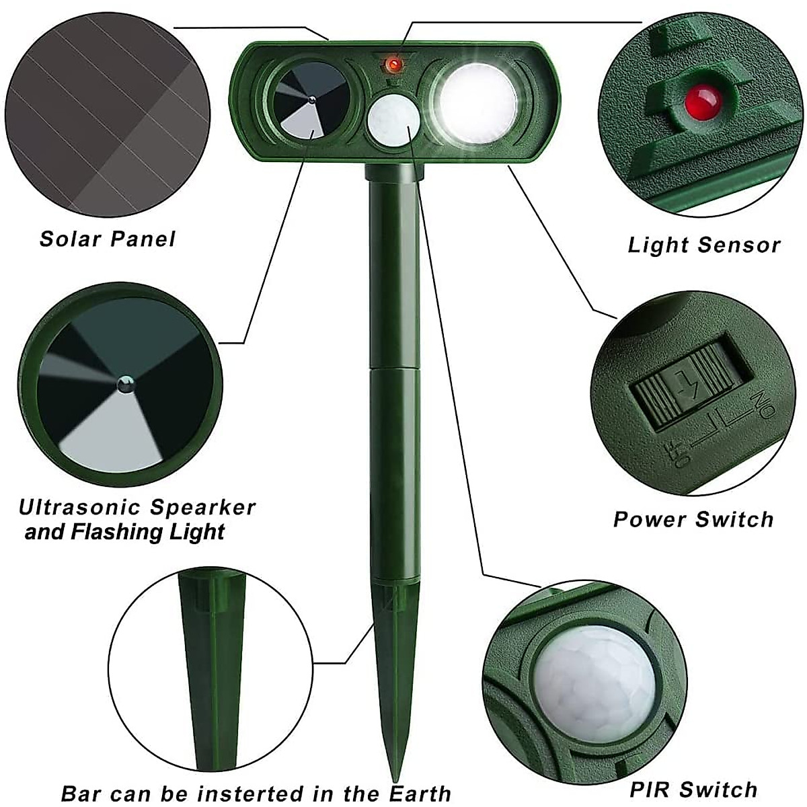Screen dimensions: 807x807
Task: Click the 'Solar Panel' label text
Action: pyautogui.click(x=107, y=239)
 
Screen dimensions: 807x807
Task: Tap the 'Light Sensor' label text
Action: pyautogui.click(x=703, y=245)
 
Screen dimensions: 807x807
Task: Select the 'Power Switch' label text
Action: pyautogui.click(x=693, y=519)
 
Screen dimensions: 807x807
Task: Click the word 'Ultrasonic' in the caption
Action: pyautogui.click(x=79, y=507)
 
